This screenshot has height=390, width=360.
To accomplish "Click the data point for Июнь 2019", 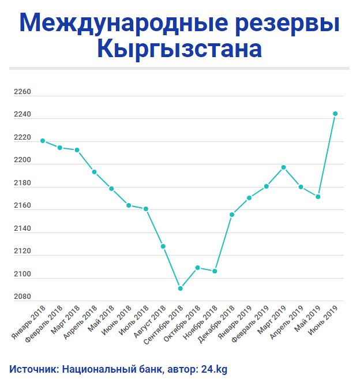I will [x=335, y=114].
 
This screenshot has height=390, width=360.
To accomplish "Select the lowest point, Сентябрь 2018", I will [x=181, y=288].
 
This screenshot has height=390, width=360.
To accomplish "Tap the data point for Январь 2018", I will [x=43, y=141].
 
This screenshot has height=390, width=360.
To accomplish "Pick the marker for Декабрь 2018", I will [x=232, y=215].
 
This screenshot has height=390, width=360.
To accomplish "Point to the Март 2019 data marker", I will [x=283, y=167].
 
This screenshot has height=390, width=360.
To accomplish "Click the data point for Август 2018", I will [x=163, y=246].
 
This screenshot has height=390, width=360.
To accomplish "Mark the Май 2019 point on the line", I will [x=318, y=197].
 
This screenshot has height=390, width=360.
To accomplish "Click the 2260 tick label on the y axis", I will [x=22, y=92].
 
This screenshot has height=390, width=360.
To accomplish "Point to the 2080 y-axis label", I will [x=22, y=297].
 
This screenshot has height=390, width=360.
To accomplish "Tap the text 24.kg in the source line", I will [x=214, y=369].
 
